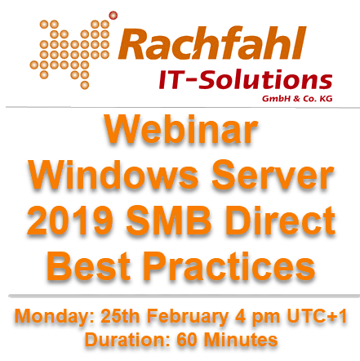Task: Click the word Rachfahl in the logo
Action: (212, 43)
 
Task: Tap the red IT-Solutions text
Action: (246, 79)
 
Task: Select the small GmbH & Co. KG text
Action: (297, 99)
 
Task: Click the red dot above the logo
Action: (113, 16)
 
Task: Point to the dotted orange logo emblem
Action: (69, 55)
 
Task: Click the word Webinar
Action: (181, 129)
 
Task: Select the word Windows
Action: (113, 175)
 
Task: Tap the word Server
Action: (273, 175)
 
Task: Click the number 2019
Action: (70, 220)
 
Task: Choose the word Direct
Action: (280, 220)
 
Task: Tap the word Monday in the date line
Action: (54, 318)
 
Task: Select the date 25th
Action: (120, 317)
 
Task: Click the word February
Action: (188, 318)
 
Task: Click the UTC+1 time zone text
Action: (317, 317)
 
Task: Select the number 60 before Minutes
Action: (187, 340)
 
